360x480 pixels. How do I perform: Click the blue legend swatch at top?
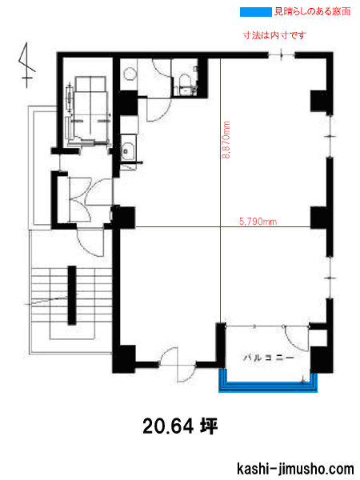coord(256,12)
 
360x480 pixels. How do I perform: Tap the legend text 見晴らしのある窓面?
coord(312,12)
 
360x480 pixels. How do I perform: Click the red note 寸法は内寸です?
coord(274,35)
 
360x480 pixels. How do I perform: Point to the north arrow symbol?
coord(26,65)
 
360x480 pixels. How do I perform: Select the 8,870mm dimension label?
coord(226,139)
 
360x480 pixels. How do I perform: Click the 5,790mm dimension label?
coord(258,222)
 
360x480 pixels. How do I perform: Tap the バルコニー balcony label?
coord(269,358)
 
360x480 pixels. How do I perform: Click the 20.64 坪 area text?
coord(180,426)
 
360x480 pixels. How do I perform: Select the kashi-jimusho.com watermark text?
coord(295,469)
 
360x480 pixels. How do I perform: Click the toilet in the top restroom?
coord(185,82)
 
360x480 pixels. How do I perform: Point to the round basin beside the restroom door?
coord(129,74)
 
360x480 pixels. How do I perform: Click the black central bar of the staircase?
coord(72,295)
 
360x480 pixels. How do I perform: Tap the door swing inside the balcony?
coord(295,338)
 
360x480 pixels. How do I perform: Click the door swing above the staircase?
coord(90,242)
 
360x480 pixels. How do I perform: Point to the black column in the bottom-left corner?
coord(124,358)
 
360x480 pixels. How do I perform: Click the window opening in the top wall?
coord(282,55)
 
